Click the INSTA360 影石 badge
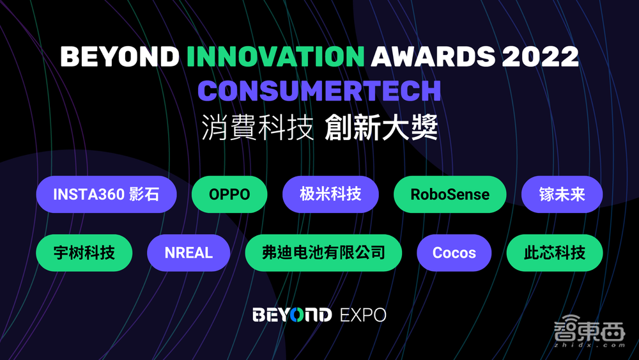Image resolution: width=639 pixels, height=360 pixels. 106,194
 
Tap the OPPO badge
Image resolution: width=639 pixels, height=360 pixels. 229,194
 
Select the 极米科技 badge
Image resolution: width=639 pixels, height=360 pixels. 330,194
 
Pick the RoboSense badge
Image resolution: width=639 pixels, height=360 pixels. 450,194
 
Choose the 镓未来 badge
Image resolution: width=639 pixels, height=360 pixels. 562,194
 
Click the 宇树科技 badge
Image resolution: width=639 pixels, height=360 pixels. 84,253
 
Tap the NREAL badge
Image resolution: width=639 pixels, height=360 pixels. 189,253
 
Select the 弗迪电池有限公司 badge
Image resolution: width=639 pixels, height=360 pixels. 323,253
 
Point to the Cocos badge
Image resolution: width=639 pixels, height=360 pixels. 454,253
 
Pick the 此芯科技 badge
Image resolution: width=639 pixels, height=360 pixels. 555,253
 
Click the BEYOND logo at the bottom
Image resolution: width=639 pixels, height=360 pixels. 292,315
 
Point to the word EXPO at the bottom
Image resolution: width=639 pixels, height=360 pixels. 363,315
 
